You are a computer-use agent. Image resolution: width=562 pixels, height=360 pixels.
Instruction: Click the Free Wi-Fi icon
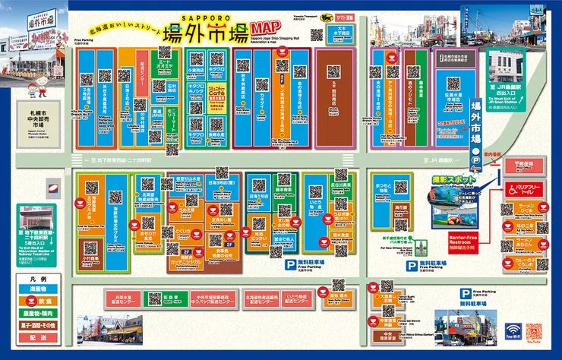pyautogui.click(x=513, y=334)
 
